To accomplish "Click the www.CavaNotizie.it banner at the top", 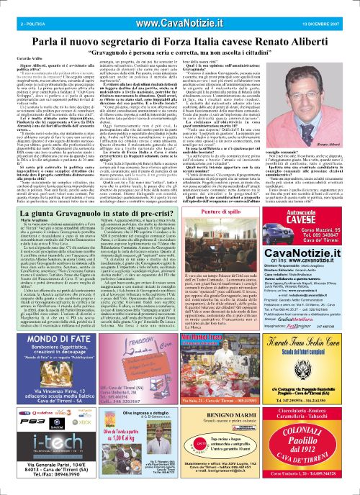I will coord(180,6).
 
